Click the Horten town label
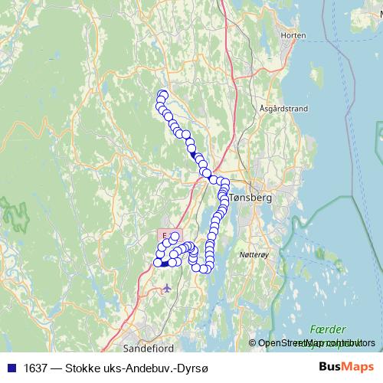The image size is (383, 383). (293, 35)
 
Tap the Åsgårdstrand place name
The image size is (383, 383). (283, 109)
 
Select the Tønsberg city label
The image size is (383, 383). (250, 197)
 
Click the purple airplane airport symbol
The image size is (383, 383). (168, 288)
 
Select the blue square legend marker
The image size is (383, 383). (11, 368)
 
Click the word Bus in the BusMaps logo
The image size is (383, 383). (331, 367)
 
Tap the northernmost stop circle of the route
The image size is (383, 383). (162, 95)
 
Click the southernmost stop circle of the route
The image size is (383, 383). (197, 267)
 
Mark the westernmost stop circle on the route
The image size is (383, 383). (158, 263)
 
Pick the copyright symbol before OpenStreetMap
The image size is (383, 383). (253, 342)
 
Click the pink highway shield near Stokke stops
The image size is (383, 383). (165, 233)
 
